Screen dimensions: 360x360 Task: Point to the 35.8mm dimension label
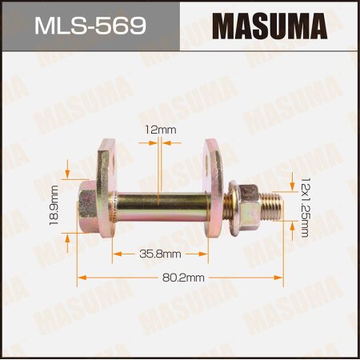click(161, 254)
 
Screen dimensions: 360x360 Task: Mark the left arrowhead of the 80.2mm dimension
click(80, 278)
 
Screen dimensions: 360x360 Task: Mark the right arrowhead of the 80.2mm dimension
click(281, 278)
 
